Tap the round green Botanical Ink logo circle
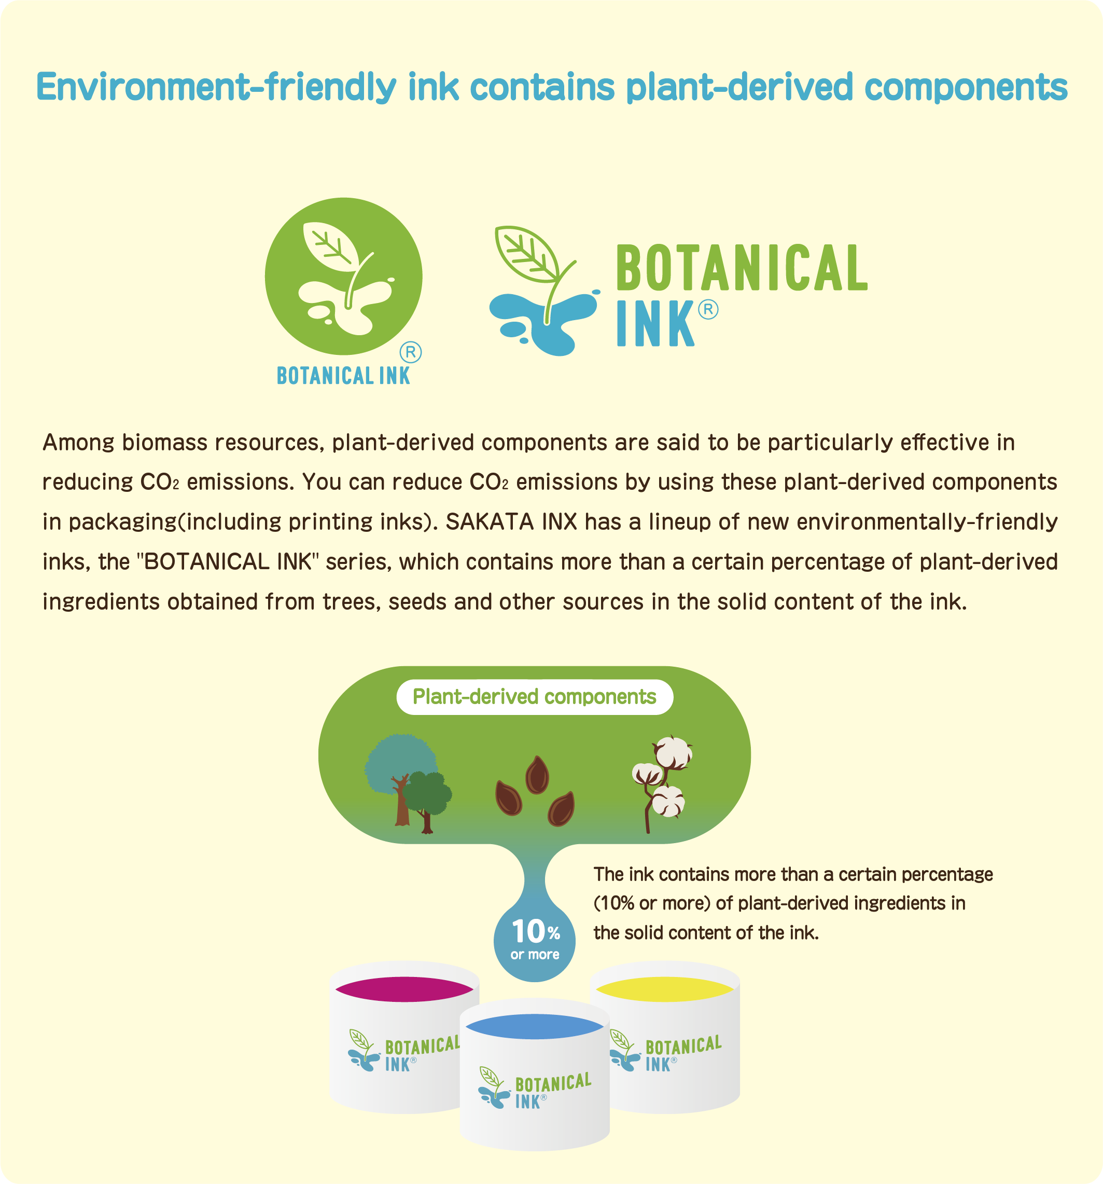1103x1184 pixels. (x=343, y=277)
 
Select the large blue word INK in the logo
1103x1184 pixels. (x=655, y=323)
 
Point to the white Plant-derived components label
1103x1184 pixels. (x=535, y=697)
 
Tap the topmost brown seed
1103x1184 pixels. (x=537, y=775)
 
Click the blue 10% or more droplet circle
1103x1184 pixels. (x=535, y=941)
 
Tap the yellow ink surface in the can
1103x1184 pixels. (x=664, y=989)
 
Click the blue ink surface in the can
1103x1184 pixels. (x=535, y=1027)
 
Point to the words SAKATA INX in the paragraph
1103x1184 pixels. (x=511, y=522)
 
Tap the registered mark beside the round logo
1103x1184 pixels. (x=410, y=352)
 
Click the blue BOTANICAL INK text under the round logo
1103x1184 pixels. (x=343, y=376)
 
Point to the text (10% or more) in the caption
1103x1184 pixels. (x=652, y=903)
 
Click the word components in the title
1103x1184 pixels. (x=966, y=87)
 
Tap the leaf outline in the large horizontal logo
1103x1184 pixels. (x=527, y=254)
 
